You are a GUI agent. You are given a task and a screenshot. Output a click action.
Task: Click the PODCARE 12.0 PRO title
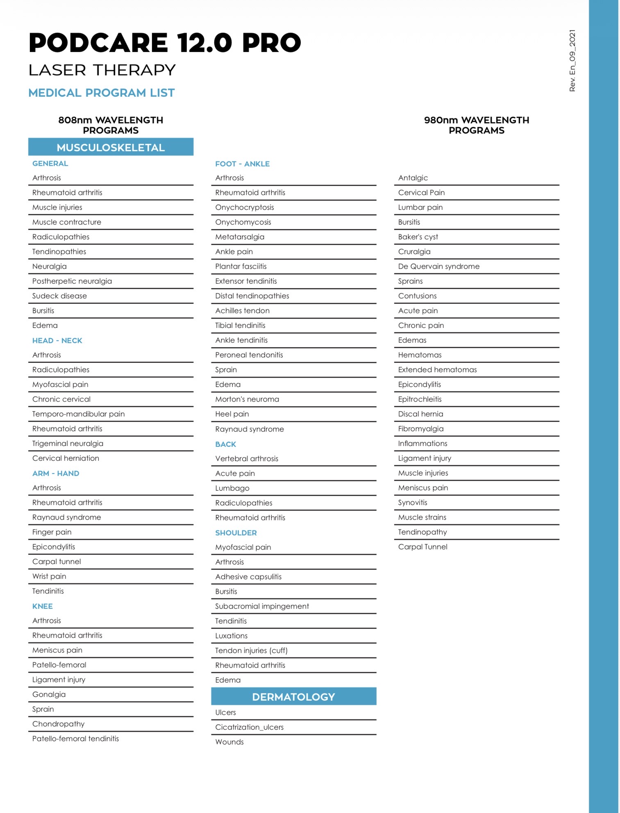pos(165,43)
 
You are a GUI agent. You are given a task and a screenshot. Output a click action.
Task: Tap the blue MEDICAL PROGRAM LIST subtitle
pos(102,93)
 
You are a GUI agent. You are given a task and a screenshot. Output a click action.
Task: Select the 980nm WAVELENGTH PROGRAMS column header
pos(476,125)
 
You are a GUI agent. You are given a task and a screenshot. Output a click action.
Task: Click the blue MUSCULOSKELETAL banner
pos(111,147)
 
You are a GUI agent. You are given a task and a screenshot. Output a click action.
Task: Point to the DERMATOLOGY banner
pos(293,697)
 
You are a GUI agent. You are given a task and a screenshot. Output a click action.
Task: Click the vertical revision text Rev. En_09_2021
pos(572,61)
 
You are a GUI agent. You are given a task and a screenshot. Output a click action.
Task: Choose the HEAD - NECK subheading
pos(57,341)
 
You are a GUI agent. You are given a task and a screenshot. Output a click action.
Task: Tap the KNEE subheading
pos(43,606)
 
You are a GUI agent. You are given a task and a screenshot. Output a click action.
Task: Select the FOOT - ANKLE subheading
pos(242,164)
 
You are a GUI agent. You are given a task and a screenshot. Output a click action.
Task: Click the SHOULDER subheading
pos(236,533)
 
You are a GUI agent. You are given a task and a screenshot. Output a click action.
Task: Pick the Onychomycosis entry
pos(243,222)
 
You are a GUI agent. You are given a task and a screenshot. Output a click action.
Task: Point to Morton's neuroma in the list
pos(247,399)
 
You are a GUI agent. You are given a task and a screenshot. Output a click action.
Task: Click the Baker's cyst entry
pos(418,237)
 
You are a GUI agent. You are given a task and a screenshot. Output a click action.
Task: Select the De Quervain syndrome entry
pos(438,266)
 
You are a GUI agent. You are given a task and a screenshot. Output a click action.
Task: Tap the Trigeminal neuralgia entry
pos(68,444)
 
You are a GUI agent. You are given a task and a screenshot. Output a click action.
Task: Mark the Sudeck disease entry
pos(59,296)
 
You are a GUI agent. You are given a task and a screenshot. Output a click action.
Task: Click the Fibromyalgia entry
pos(420,429)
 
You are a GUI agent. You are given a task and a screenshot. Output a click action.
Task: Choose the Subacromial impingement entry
pos(262,606)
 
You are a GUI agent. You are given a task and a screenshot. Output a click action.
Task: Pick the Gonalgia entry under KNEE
pos(49,695)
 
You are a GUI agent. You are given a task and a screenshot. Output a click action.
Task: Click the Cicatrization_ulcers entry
pos(249,727)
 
